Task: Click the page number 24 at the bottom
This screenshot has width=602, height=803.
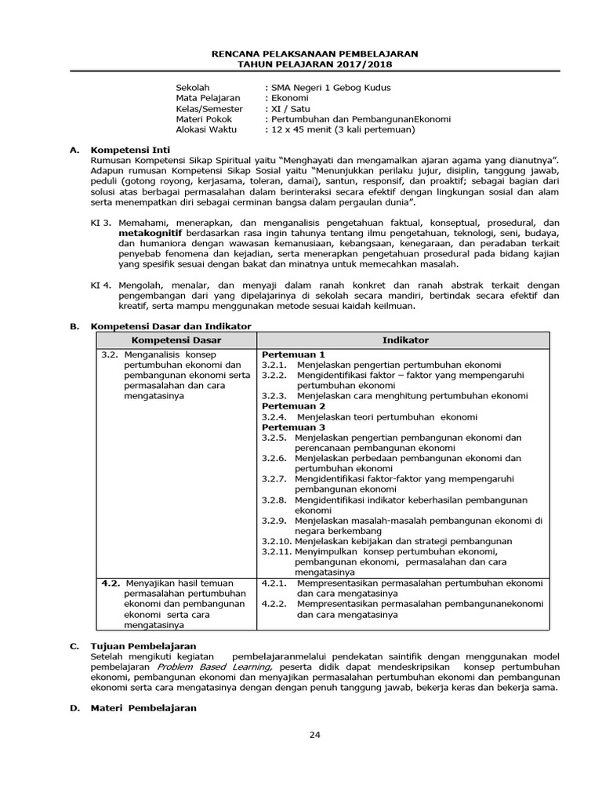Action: (x=315, y=735)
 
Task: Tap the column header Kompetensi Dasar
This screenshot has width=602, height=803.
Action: (x=176, y=340)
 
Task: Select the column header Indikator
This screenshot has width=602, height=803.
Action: (x=405, y=340)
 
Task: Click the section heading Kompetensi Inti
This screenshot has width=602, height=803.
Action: (x=130, y=149)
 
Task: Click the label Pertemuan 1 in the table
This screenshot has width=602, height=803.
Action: (x=293, y=354)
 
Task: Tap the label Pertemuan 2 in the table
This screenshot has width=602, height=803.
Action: (x=293, y=406)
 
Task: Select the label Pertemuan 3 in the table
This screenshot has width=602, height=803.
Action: (x=293, y=427)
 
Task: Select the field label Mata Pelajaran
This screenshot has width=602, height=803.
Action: (x=208, y=98)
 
